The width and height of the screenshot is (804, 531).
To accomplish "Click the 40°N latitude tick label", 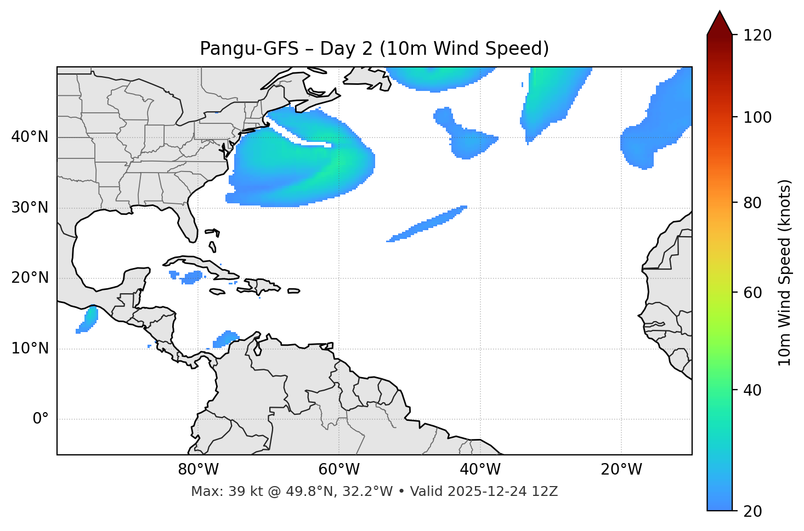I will (x=30, y=137).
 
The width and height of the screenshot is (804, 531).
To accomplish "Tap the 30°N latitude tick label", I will (x=30, y=208).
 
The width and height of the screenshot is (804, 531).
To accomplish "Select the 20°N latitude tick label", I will (x=30, y=278).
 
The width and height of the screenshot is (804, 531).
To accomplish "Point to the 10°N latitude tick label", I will (x=30, y=349).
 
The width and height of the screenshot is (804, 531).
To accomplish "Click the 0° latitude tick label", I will (x=41, y=419).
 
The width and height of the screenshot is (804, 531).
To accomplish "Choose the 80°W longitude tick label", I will (x=198, y=470).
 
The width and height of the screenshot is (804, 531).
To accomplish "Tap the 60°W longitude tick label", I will (x=339, y=470).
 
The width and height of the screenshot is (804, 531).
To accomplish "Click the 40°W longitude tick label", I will (x=480, y=470).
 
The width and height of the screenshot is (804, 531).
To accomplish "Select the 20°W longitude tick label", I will (x=621, y=470).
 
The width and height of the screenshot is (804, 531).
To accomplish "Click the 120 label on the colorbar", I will (x=757, y=36).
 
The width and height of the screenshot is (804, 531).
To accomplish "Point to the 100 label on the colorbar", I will (x=757, y=117).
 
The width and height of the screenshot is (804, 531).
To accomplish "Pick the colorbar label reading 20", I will (x=752, y=511).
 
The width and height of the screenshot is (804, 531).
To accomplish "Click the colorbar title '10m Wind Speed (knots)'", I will (x=785, y=272).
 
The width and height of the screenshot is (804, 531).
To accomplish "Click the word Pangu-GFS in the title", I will (x=248, y=49).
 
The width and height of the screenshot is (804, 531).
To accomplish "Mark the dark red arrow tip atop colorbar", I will (x=720, y=23).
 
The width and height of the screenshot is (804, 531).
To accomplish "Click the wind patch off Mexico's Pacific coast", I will (x=87, y=319).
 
